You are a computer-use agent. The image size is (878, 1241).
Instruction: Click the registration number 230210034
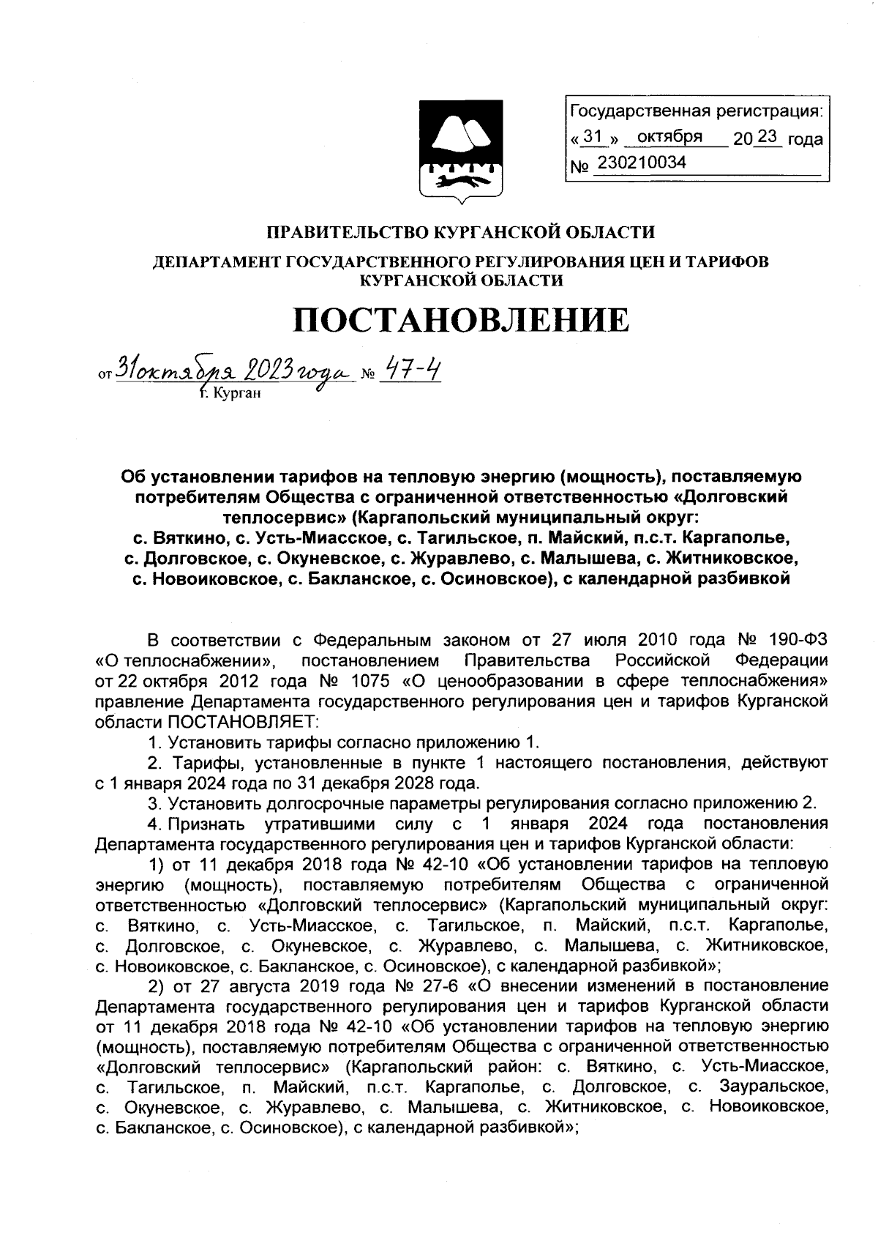point(642,163)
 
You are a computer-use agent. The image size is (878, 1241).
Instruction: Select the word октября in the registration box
point(669,137)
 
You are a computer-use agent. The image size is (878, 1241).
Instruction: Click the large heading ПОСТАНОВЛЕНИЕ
point(461,320)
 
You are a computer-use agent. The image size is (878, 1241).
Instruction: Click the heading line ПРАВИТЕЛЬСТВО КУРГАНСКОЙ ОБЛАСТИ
point(460,233)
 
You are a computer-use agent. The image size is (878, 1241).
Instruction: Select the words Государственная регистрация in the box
point(695,111)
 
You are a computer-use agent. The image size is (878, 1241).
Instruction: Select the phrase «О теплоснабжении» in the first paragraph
point(186,660)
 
